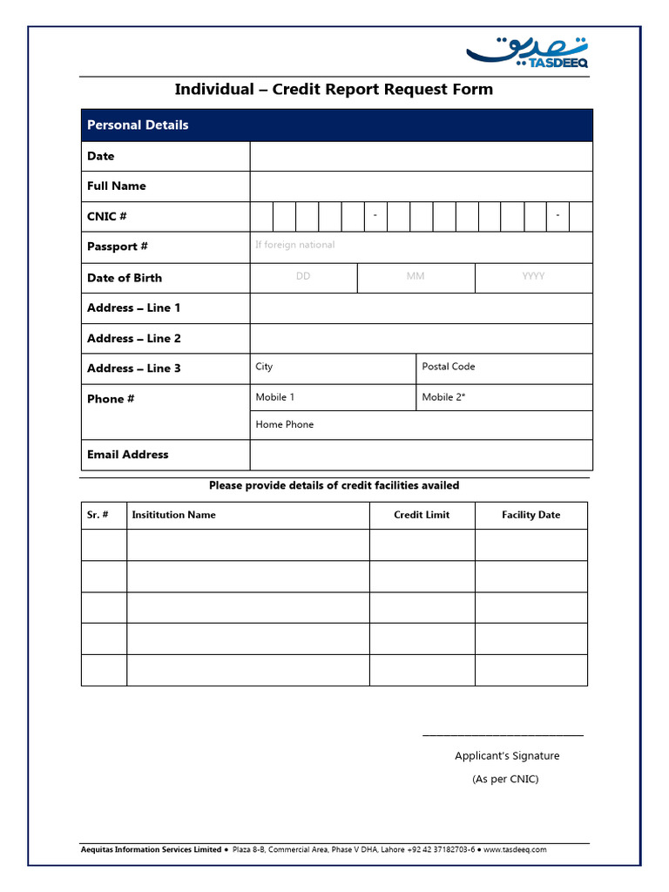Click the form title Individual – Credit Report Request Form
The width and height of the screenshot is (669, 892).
click(x=334, y=89)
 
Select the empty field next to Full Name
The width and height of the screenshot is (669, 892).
click(x=421, y=186)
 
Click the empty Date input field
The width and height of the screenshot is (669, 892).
click(x=421, y=156)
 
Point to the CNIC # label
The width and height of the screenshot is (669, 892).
click(x=107, y=216)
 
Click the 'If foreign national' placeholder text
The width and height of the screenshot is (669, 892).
click(x=294, y=245)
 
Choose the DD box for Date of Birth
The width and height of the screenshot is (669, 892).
click(x=303, y=277)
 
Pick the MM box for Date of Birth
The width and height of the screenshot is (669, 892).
click(x=416, y=277)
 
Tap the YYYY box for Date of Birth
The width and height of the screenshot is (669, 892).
click(x=533, y=277)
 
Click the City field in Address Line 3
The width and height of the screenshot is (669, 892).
click(x=333, y=368)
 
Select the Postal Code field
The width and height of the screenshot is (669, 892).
click(x=503, y=368)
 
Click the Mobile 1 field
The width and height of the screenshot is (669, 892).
click(x=333, y=397)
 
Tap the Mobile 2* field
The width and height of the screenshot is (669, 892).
click(x=503, y=397)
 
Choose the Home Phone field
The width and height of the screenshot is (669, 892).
click(x=421, y=425)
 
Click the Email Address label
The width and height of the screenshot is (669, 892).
click(x=128, y=455)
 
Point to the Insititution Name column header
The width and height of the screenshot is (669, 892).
click(x=173, y=515)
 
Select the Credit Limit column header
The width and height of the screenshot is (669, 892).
click(x=422, y=515)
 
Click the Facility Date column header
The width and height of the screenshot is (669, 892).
click(x=530, y=515)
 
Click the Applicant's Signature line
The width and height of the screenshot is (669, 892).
click(x=503, y=734)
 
